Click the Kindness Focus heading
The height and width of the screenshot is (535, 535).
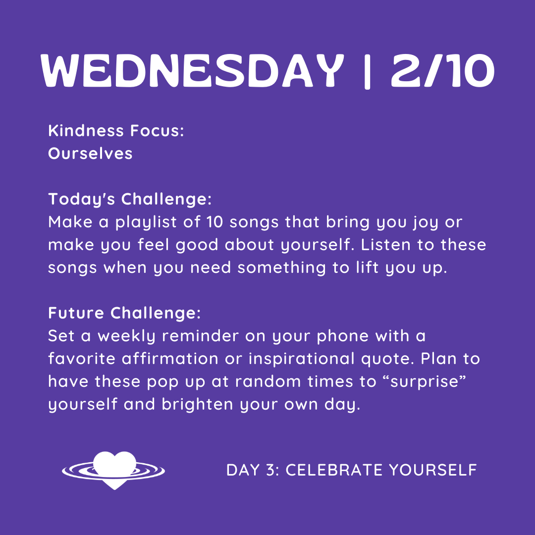116,131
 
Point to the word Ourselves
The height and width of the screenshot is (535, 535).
90,154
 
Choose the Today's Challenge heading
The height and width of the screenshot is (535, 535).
130,199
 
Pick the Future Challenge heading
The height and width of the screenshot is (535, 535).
124,313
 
